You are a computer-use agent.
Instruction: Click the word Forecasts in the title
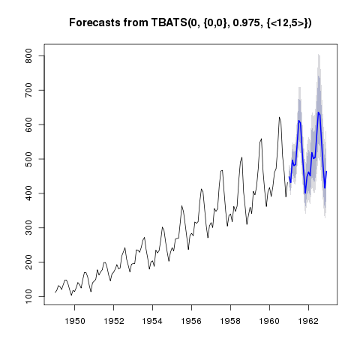(x=95, y=22)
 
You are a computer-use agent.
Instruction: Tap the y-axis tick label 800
(x=28, y=55)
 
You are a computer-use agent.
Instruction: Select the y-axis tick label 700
(x=28, y=90)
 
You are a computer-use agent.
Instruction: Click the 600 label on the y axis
(x=28, y=124)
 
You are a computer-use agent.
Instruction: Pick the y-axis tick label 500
(x=28, y=159)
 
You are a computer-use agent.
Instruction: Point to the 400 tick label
(x=28, y=193)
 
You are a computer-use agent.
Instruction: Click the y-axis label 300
(x=28, y=228)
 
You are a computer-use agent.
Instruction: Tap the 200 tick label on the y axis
(x=28, y=262)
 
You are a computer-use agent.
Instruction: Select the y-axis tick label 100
(x=28, y=296)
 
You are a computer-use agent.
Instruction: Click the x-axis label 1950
(x=75, y=321)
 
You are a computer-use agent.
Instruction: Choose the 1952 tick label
(x=114, y=321)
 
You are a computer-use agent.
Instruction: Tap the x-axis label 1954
(x=152, y=321)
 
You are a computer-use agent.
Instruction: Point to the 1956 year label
(x=191, y=321)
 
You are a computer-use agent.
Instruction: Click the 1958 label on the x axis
(x=230, y=321)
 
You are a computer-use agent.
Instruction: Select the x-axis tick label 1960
(x=269, y=321)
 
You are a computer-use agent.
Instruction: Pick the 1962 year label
(x=308, y=321)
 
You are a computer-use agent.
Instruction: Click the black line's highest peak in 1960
(x=279, y=117)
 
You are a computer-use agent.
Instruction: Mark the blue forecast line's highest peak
(x=318, y=112)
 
